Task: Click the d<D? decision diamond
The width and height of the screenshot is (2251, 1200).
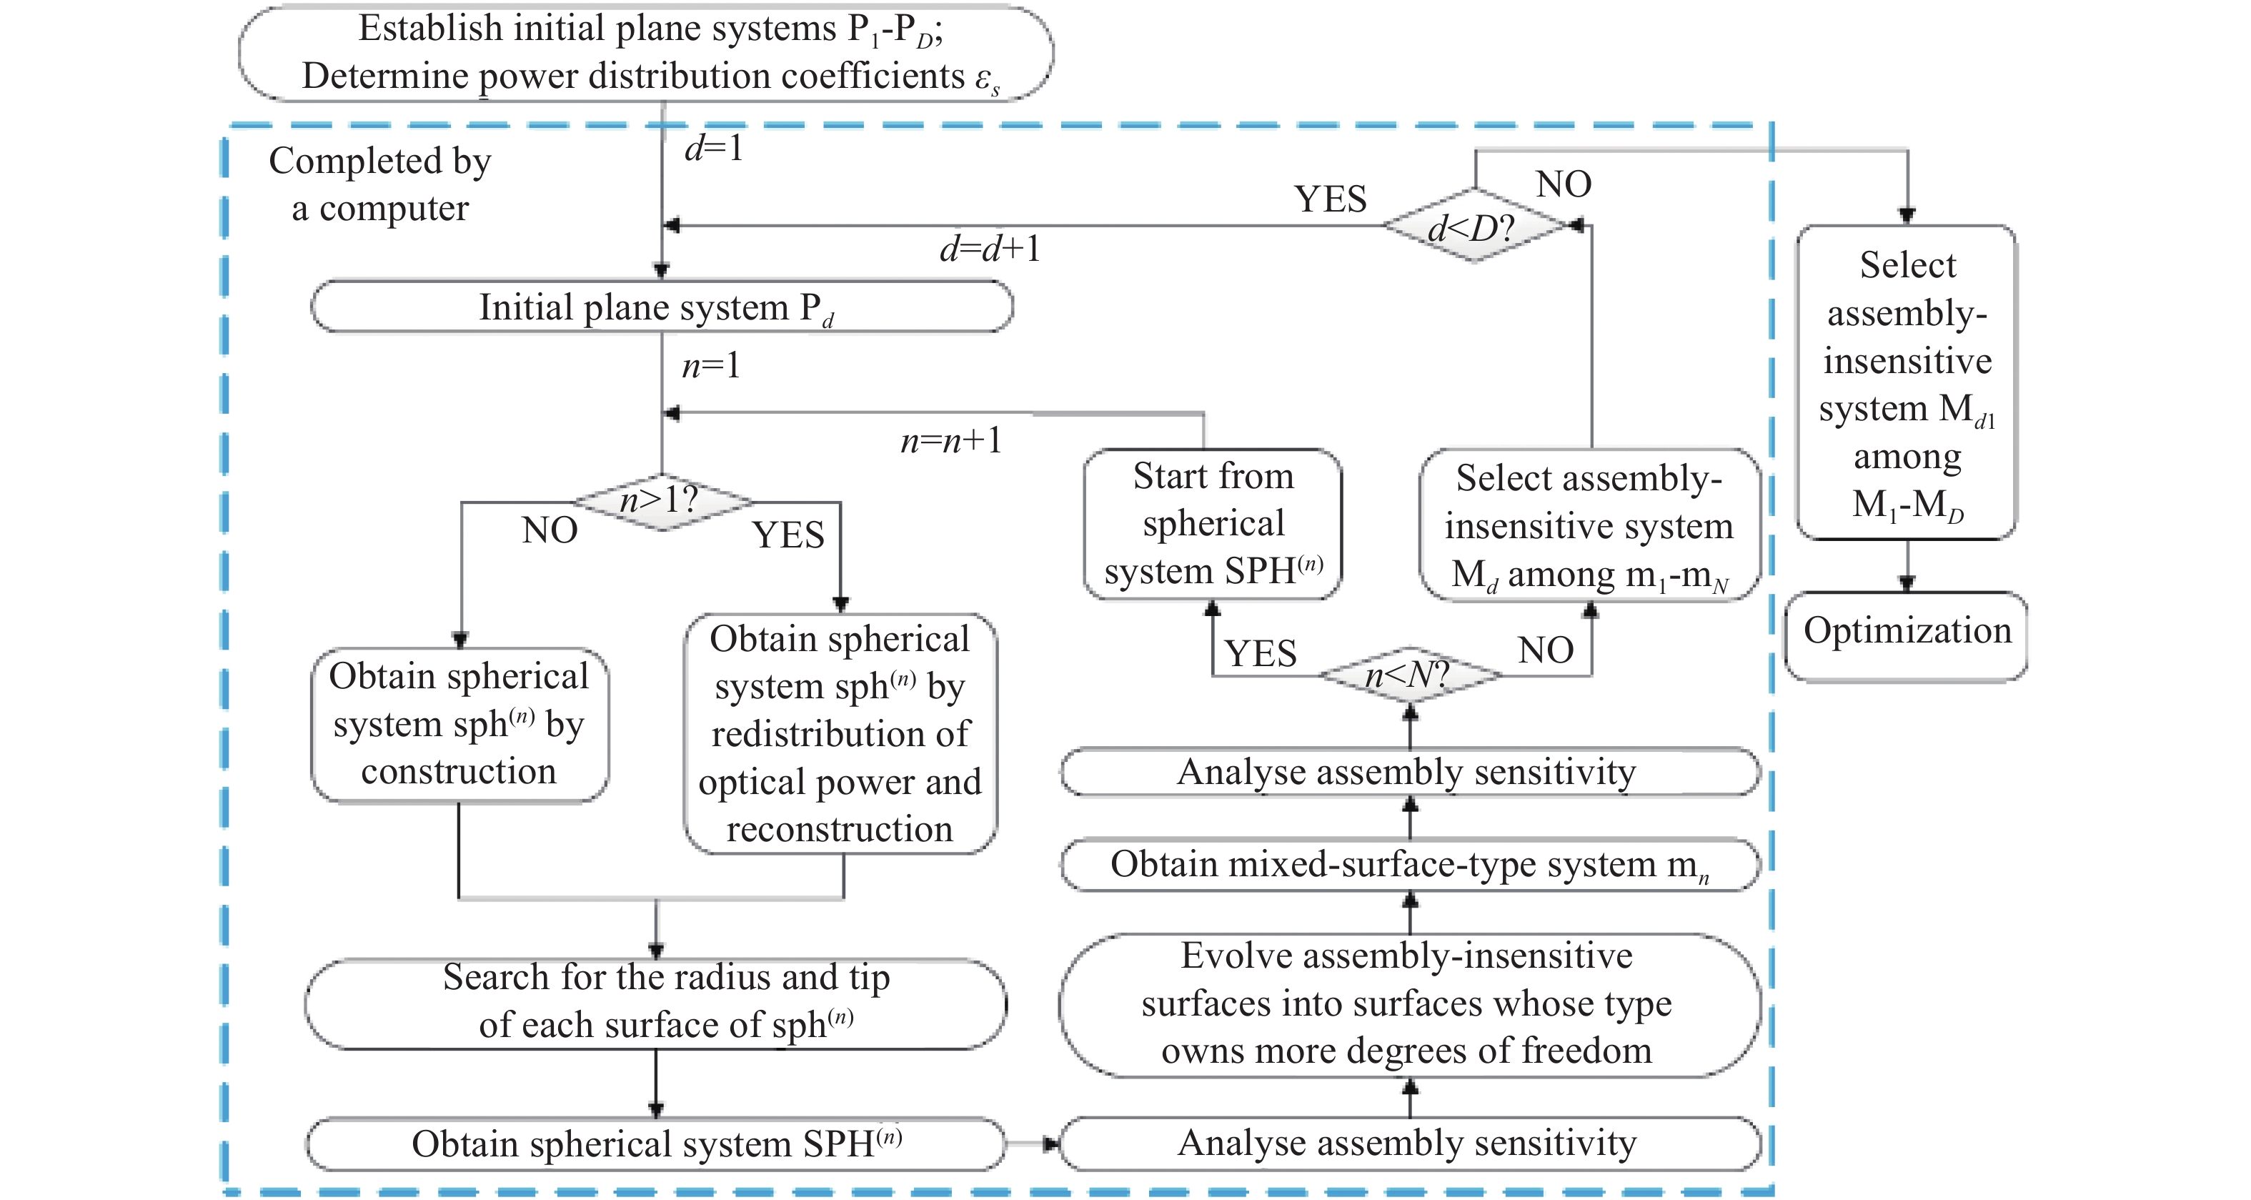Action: tap(1474, 227)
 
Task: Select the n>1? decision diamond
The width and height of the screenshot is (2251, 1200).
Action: tap(662, 502)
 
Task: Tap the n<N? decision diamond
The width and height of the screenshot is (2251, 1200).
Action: tap(1409, 675)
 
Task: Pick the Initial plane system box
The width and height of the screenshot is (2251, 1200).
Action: tap(662, 307)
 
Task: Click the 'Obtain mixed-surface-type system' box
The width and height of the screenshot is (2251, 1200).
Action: tap(1409, 864)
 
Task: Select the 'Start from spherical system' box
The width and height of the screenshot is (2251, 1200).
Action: tap(1213, 523)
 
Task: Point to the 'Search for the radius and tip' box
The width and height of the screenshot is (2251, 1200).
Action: tap(656, 1003)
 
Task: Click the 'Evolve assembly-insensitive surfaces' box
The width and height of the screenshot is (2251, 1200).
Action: tap(1409, 1004)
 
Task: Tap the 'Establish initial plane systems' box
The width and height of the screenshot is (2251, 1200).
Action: tap(646, 52)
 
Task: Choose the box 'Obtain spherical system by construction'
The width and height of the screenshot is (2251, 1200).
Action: tap(459, 725)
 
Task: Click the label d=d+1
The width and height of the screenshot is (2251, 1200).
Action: tap(989, 250)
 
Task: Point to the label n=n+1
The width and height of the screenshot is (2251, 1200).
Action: tap(950, 440)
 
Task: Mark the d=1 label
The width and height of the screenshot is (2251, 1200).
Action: tap(714, 148)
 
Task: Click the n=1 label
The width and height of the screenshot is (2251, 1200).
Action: tap(710, 365)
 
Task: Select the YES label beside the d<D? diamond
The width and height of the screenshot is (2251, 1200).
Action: tap(1330, 199)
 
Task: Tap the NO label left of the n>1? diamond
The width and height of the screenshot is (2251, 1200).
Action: tap(550, 530)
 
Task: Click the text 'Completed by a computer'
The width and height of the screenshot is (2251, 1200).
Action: tap(380, 184)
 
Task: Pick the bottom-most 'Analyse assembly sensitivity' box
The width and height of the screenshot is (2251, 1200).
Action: tap(1409, 1144)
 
